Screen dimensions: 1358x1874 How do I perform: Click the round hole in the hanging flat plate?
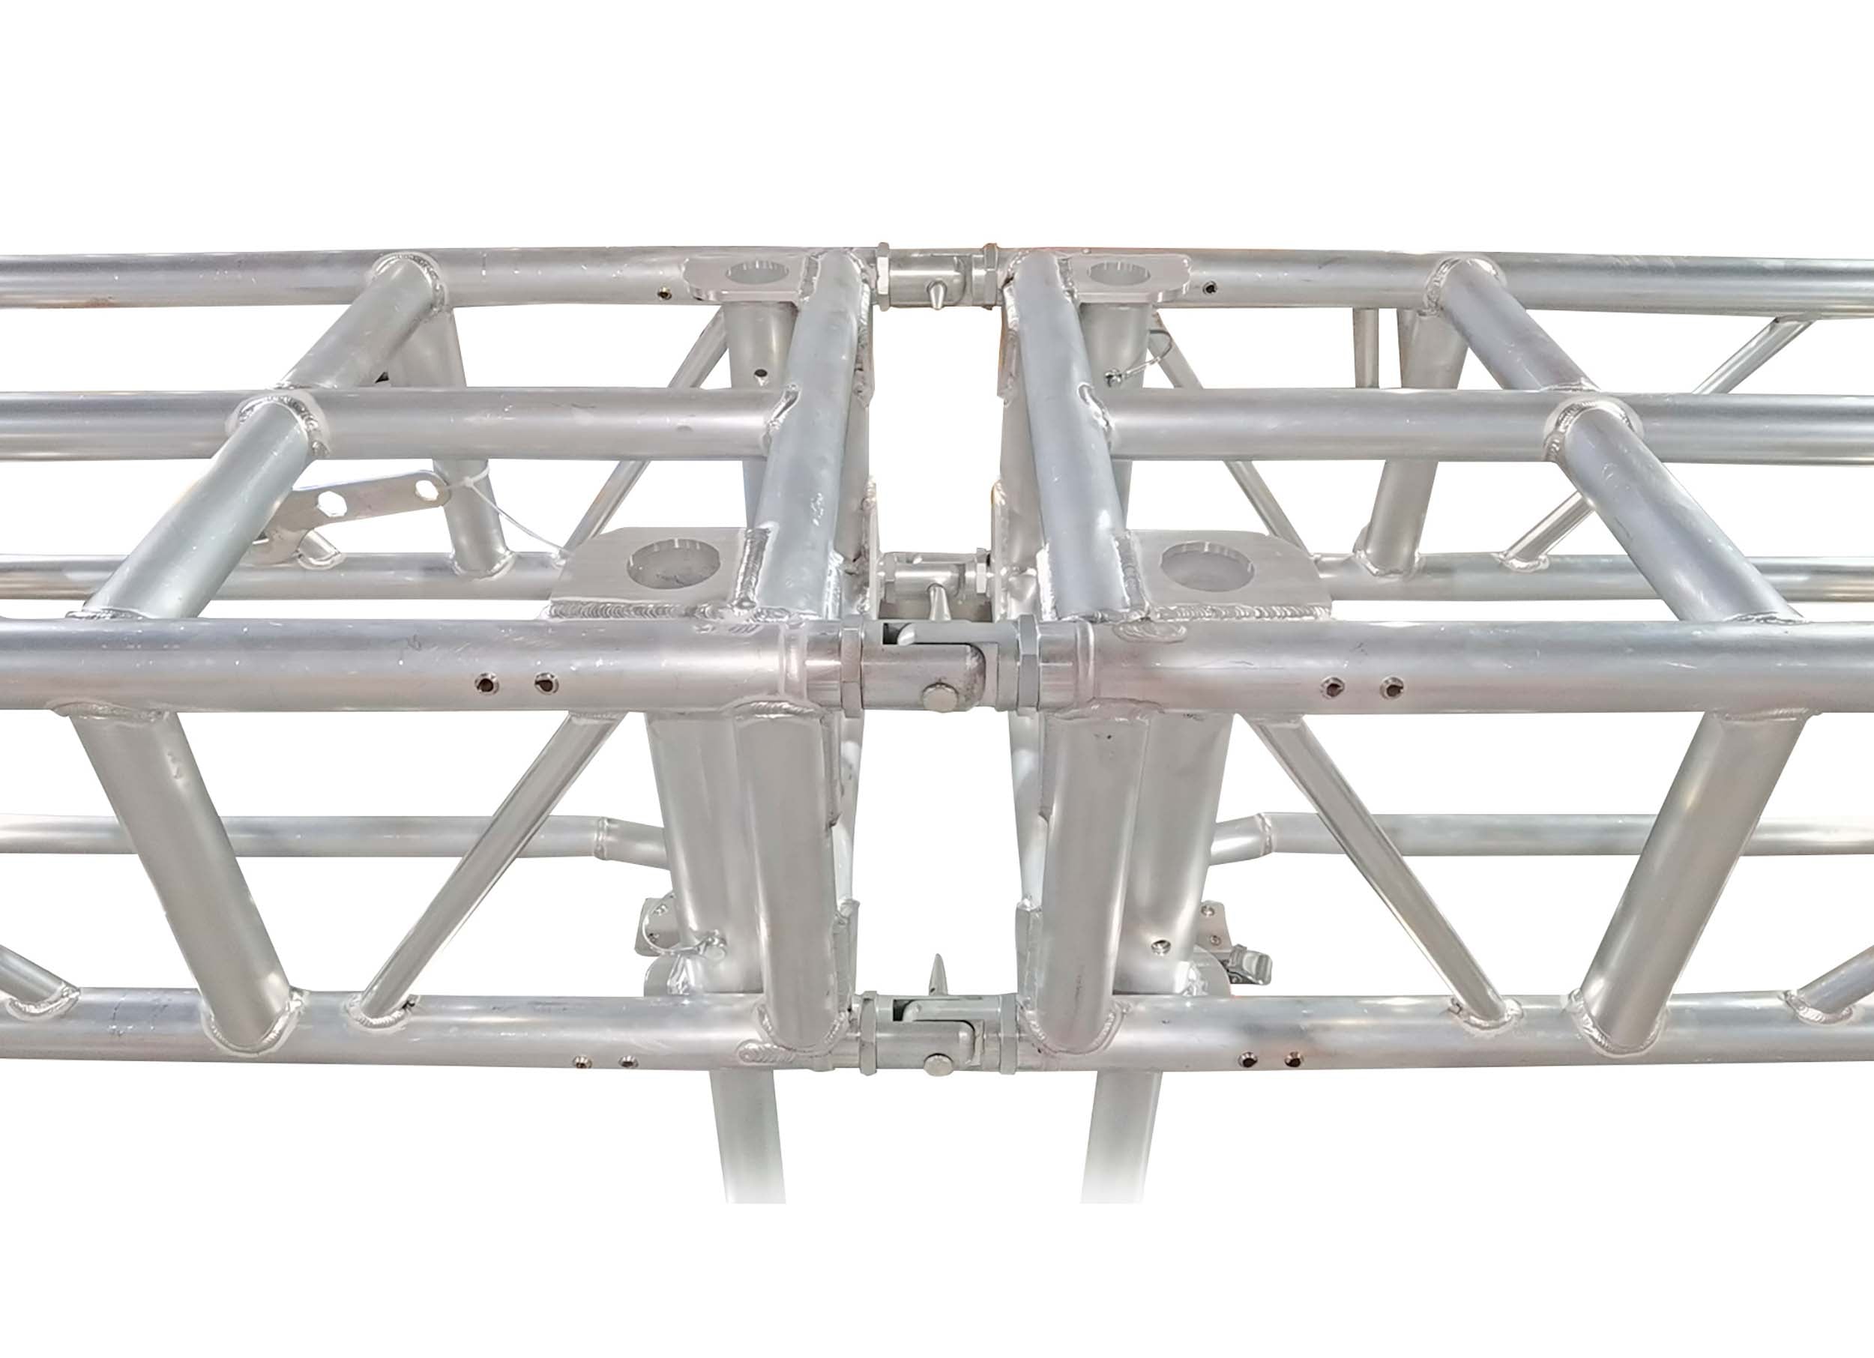click(426, 491)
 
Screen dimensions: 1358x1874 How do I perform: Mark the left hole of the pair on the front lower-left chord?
click(584, 1060)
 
